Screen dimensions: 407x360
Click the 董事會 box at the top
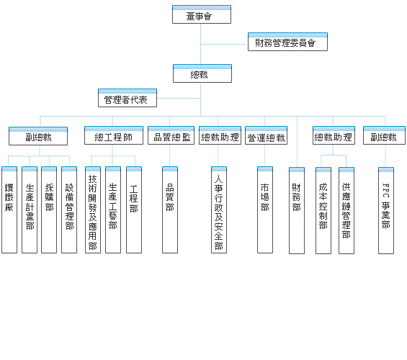[202, 14]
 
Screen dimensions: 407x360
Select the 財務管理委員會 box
[287, 42]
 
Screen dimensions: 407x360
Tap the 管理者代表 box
[128, 98]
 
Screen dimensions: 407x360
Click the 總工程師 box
[114, 135]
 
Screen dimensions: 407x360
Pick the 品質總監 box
[171, 135]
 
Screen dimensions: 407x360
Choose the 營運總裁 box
[266, 135]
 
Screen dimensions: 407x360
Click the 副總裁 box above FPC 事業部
[384, 135]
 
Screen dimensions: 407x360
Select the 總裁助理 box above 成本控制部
[334, 135]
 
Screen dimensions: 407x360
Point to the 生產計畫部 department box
[30, 210]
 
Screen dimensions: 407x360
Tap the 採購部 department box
[49, 210]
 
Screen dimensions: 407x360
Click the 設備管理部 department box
[69, 210]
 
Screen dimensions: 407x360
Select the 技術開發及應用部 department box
[93, 210]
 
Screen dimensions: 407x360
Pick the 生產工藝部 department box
[113, 210]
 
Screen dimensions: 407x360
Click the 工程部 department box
[134, 210]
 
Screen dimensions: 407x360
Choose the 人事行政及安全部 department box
[219, 210]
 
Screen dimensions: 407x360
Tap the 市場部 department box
[265, 210]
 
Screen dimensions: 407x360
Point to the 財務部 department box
[297, 210]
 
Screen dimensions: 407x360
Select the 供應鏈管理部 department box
[346, 210]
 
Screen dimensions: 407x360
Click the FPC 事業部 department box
[386, 210]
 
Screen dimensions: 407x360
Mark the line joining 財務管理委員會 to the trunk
[224, 45]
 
